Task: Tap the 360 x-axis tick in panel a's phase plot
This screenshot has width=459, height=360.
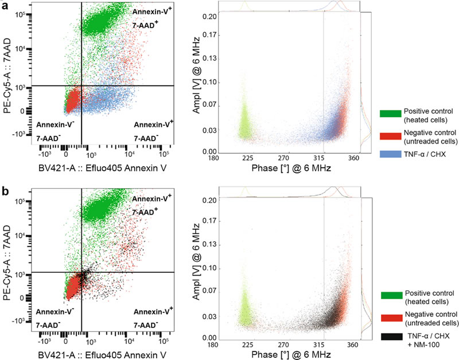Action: point(354,158)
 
